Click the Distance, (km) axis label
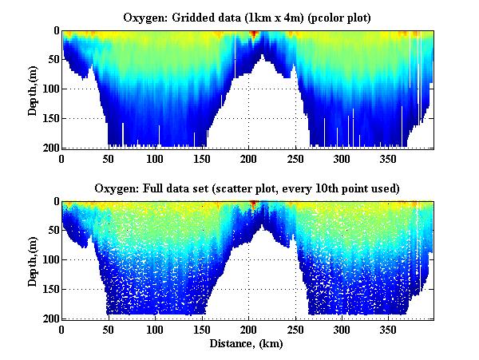(x=247, y=345)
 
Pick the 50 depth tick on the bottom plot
(x=51, y=231)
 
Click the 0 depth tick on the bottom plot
(x=53, y=202)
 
